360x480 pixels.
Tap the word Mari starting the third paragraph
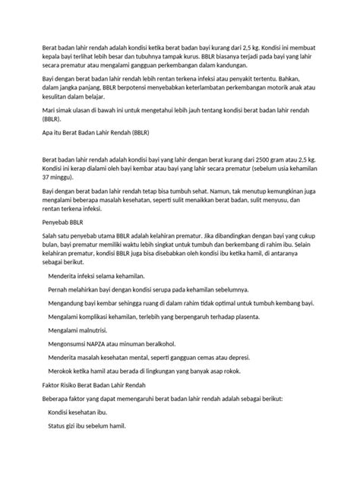coord(49,111)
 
